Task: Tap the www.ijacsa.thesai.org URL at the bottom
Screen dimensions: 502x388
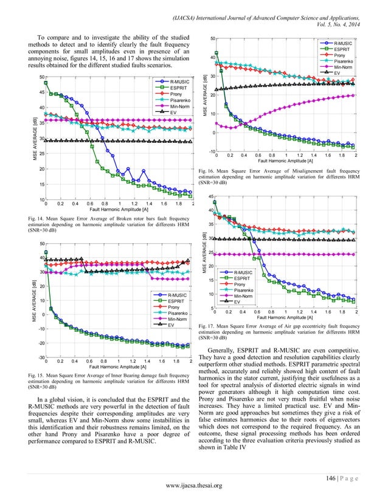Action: pos(193,484)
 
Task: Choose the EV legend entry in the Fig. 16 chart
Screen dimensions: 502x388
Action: pos(335,72)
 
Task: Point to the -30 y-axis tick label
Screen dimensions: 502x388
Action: pos(40,357)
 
